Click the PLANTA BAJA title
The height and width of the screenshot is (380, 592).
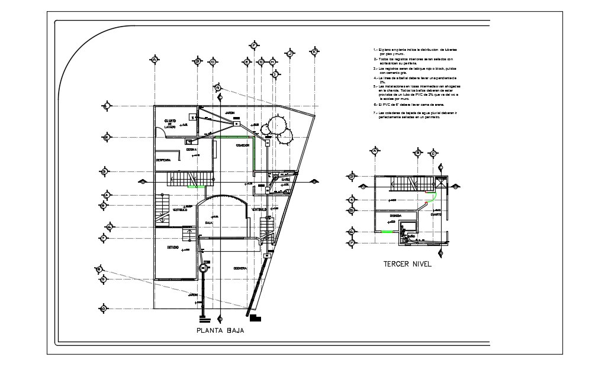220,331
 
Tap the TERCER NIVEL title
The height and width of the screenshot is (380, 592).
407,264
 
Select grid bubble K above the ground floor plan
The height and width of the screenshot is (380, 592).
314,53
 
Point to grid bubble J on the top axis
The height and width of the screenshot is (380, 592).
290,53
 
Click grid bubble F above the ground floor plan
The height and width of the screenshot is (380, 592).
253,46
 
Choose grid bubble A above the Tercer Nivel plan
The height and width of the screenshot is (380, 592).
374,152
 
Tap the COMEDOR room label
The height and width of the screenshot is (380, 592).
243,145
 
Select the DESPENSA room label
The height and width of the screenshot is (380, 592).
163,160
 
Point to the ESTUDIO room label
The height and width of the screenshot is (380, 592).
173,247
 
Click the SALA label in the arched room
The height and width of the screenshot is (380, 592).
208,223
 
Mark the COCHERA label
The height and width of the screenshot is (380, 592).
240,268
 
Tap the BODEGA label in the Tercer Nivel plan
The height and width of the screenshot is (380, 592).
395,216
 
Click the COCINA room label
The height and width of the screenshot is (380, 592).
192,150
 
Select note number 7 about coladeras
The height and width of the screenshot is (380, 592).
415,114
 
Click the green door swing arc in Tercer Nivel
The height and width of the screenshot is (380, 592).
433,197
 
